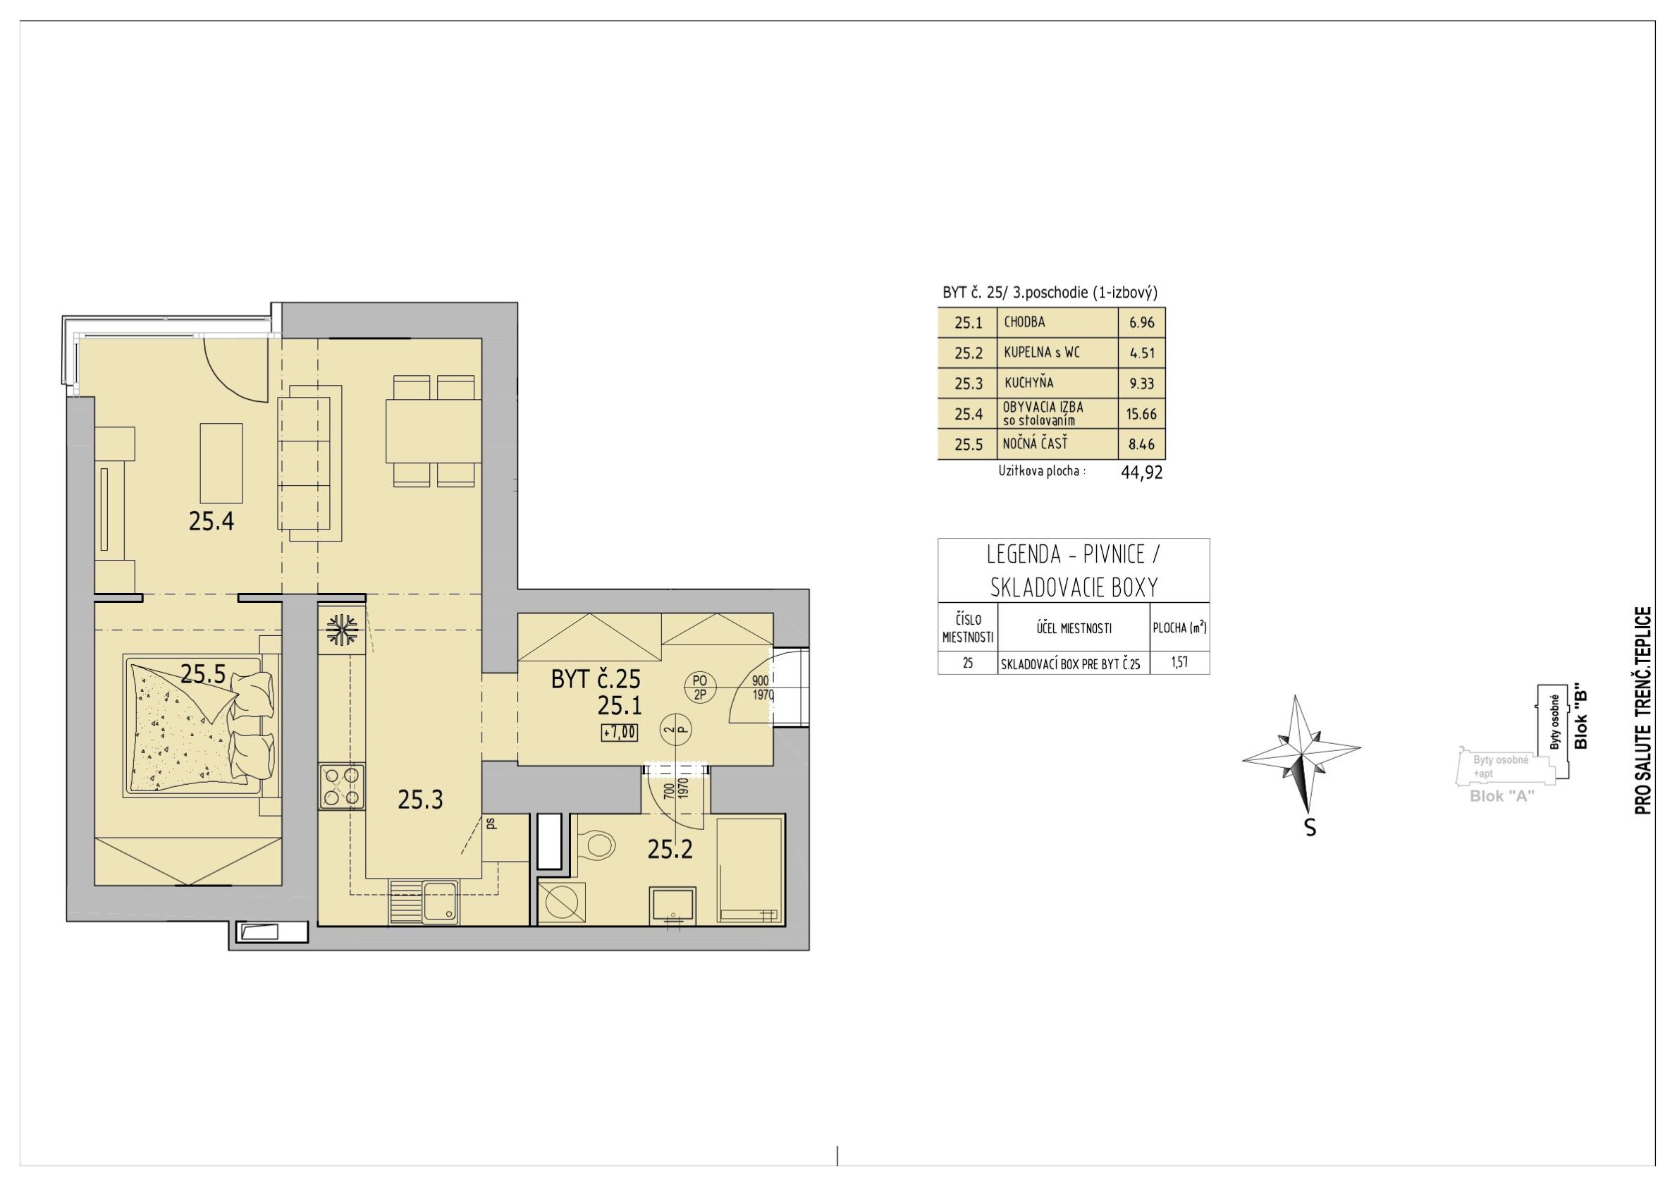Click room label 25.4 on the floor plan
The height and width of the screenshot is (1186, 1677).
pyautogui.click(x=211, y=521)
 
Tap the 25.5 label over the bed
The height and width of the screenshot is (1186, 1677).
pyautogui.click(x=203, y=673)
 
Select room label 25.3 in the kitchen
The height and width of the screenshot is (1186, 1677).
pyautogui.click(x=420, y=800)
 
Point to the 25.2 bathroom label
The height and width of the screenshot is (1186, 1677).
pyautogui.click(x=670, y=849)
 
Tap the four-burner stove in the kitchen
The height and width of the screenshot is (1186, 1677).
pyautogui.click(x=342, y=785)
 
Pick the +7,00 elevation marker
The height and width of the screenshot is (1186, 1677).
pyautogui.click(x=620, y=731)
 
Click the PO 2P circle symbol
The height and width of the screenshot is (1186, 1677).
pyautogui.click(x=700, y=687)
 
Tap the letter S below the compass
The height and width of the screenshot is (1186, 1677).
pyautogui.click(x=1310, y=828)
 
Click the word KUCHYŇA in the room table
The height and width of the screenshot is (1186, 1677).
pyautogui.click(x=1028, y=382)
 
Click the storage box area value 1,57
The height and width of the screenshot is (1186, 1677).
pyautogui.click(x=1179, y=663)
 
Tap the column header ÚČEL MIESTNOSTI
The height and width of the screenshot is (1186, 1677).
pyautogui.click(x=1073, y=628)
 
